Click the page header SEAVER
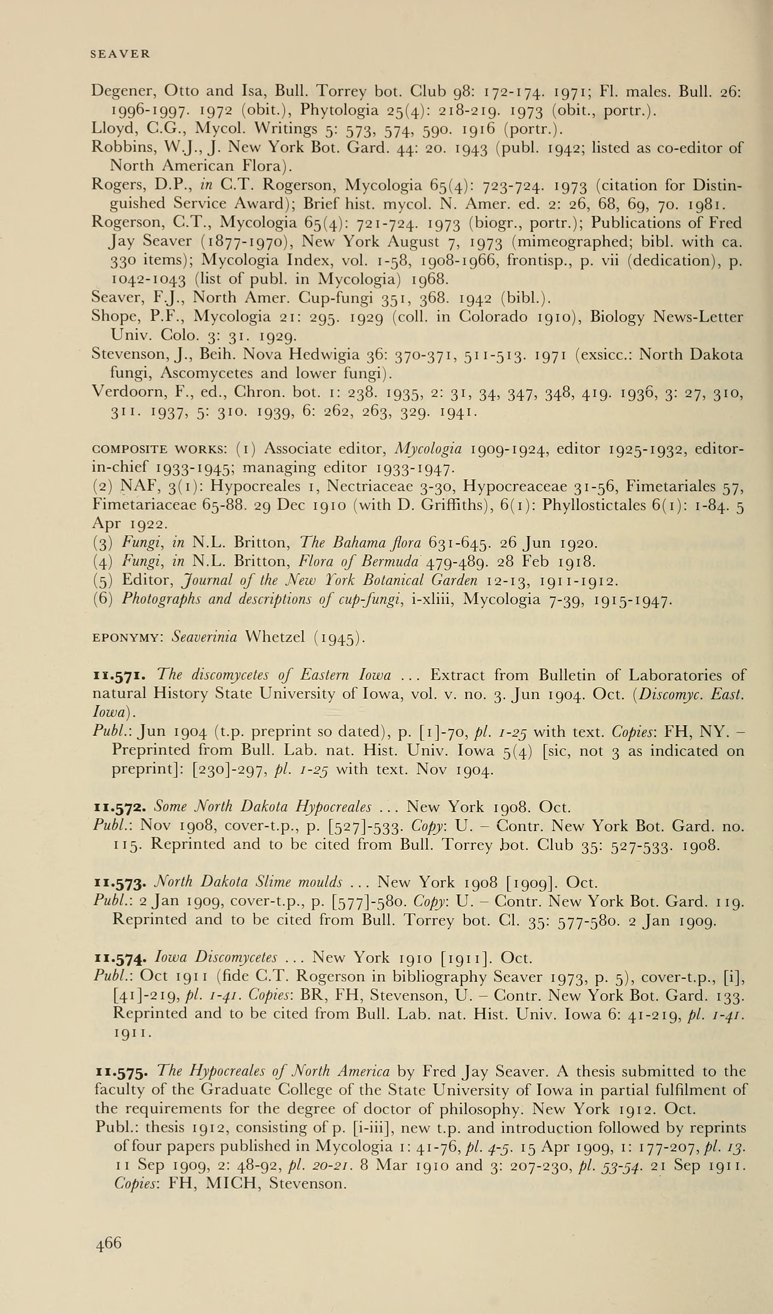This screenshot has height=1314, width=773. pyautogui.click(x=120, y=54)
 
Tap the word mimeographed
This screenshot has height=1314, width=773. pyautogui.click(x=563, y=242)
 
